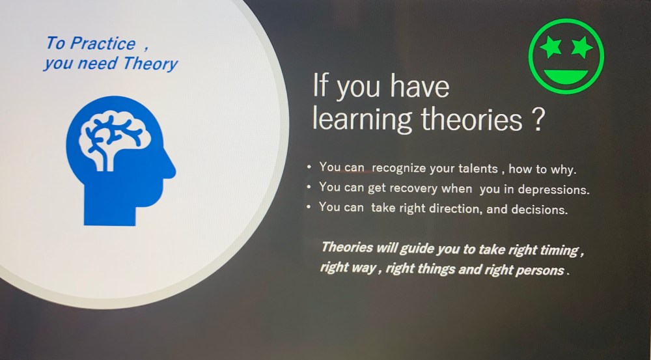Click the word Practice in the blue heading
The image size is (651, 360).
click(103, 44)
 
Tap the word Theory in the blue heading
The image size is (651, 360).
click(150, 64)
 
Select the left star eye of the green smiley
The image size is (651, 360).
click(551, 46)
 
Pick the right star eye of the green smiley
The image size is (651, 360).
click(582, 46)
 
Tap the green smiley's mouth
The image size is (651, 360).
click(566, 76)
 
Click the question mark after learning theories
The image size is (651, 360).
click(537, 119)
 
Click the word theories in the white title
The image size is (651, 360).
click(471, 118)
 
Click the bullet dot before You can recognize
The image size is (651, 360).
click(309, 167)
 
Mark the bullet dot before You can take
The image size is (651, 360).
click(309, 206)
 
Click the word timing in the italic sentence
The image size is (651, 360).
click(559, 251)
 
